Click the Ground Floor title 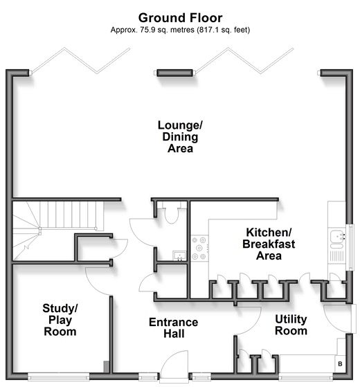(x=180, y=18)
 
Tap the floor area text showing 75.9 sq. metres (x=180, y=30)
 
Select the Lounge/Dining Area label (x=180, y=136)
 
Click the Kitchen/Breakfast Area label (x=269, y=244)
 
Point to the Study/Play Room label (x=60, y=320)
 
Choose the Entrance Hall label (x=174, y=328)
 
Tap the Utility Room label (x=291, y=325)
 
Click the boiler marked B (x=340, y=363)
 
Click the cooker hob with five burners (x=199, y=248)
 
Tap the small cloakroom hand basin (x=179, y=255)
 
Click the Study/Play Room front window (x=58, y=377)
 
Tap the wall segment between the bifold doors (x=174, y=73)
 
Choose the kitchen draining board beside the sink (x=336, y=256)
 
